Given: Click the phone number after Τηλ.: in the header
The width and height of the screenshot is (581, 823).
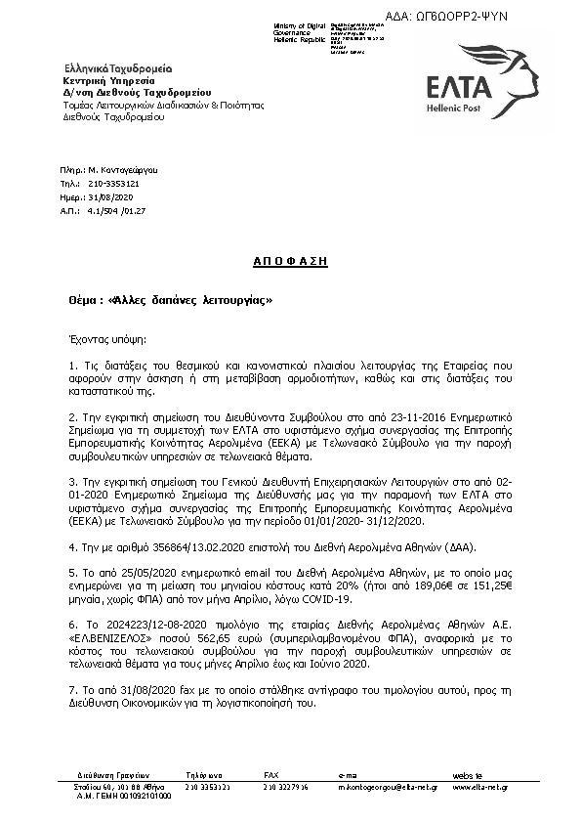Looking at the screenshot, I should pos(112,183).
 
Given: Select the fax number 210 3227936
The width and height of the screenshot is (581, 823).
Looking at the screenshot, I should pos(285,786).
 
